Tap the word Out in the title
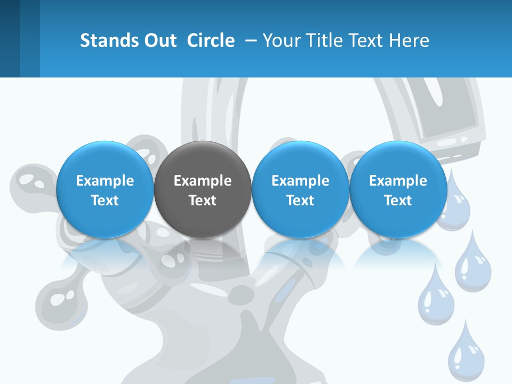point(159,41)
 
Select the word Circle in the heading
point(211,41)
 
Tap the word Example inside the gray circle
point(203,181)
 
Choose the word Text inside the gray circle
point(203,201)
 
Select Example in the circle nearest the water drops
point(398,181)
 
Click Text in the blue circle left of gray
point(105,201)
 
